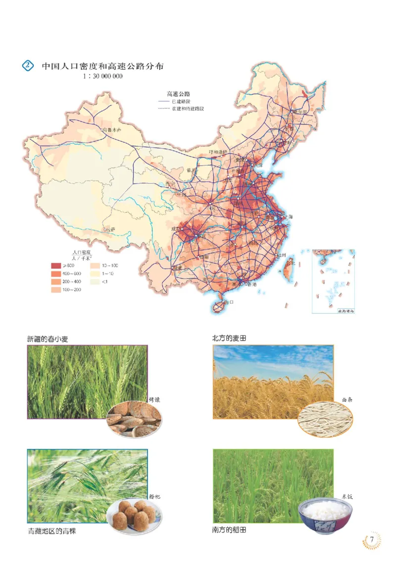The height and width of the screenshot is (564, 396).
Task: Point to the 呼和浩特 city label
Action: (218, 152)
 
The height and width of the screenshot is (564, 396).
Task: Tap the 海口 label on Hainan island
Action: (229, 301)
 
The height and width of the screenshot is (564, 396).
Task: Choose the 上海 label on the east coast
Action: (289, 217)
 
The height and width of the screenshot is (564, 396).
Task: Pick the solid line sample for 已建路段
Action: (163, 101)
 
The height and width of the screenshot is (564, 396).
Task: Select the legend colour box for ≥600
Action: (55, 266)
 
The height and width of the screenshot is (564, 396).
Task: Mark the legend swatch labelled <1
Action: (93, 282)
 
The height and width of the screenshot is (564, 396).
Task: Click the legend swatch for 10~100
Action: (93, 266)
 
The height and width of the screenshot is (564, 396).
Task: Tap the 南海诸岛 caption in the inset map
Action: (346, 311)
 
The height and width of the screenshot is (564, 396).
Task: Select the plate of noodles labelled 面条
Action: (325, 419)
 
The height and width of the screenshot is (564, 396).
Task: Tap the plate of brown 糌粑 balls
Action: (133, 515)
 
